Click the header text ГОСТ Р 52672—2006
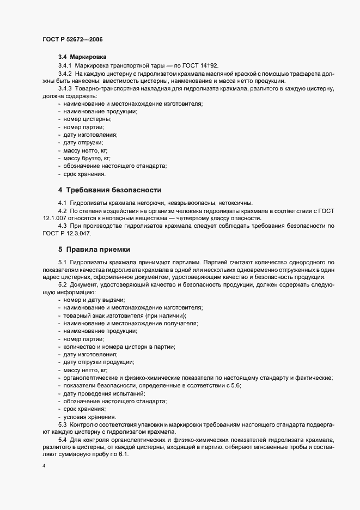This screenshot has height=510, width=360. pos(72,39)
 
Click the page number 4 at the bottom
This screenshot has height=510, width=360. pos(44,467)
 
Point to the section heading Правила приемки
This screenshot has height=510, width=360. pos(98,250)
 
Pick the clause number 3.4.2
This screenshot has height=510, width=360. pos(65,72)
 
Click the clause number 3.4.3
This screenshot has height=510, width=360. pos(65,88)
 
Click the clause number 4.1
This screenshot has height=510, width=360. pos(62,203)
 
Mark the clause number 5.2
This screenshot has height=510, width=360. pos(62,285)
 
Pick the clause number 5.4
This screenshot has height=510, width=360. pos(62,440)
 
